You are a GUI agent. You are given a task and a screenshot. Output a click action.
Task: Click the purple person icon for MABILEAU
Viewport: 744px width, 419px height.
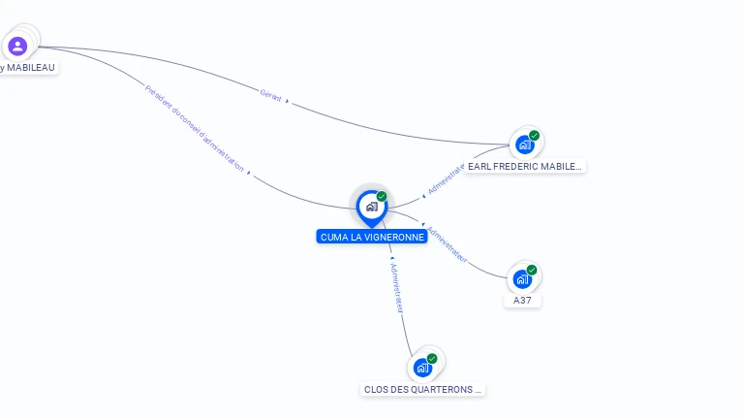point(17,46)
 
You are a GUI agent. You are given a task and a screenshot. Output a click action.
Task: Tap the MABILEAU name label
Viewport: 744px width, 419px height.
point(28,68)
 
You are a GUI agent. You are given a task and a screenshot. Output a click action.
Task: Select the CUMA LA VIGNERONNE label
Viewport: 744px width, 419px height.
point(372,237)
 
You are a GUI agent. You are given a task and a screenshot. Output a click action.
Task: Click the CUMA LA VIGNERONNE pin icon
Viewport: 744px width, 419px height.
point(371,207)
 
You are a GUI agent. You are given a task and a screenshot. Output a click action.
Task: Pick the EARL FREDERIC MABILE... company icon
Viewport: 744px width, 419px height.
point(524,145)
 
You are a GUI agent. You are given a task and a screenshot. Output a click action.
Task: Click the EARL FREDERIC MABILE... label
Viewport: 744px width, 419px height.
point(524,167)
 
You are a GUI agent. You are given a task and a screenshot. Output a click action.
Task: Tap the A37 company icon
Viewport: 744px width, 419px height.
point(522,279)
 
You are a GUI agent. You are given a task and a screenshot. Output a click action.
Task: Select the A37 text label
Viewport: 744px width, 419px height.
point(522,301)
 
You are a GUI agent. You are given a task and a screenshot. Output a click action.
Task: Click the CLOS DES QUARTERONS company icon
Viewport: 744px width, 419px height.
point(422,368)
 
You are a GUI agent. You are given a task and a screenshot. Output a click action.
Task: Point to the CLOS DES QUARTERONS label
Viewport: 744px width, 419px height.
point(422,390)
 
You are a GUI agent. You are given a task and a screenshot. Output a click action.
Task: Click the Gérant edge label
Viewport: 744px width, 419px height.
point(270,94)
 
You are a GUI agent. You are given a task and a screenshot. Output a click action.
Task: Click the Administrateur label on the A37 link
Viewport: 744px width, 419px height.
point(448,245)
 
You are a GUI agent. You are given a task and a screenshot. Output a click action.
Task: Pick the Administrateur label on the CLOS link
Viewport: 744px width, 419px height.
point(396,287)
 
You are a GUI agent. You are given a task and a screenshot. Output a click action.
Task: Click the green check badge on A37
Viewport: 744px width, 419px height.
point(532,270)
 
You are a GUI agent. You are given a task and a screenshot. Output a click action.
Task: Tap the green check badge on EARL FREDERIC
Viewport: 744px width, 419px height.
point(534,136)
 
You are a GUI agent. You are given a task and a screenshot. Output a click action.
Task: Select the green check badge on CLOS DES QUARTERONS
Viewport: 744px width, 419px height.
point(432,359)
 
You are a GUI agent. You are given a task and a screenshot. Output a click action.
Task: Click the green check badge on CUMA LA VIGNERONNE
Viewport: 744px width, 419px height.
point(382,197)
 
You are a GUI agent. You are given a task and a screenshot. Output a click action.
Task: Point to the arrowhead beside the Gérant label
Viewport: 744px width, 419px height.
point(288,101)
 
